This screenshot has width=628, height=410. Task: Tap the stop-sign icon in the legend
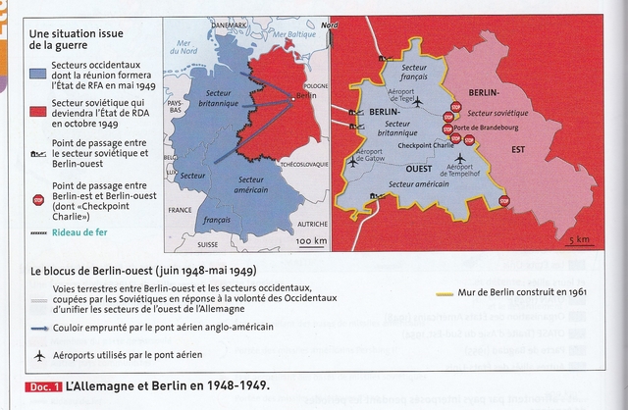[39, 199]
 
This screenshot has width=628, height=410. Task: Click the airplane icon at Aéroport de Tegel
[418, 100]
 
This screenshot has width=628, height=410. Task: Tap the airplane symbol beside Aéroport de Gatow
[352, 162]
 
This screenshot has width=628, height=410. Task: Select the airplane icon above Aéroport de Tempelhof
[460, 157]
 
